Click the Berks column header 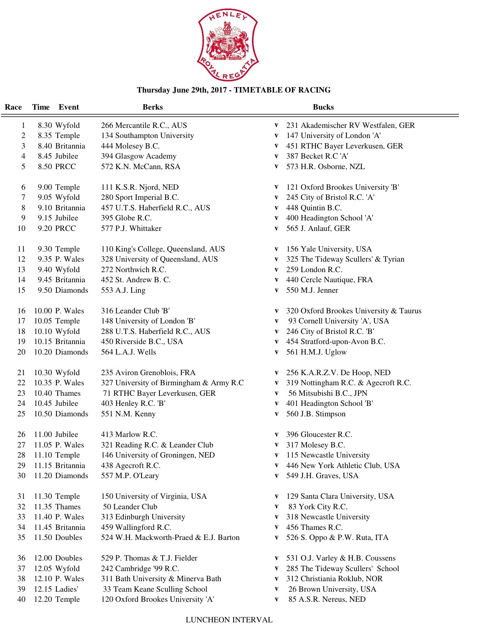pyautogui.click(x=152, y=107)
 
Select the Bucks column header pyautogui.click(x=323, y=107)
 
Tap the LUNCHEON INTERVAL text pyautogui.click(x=229, y=620)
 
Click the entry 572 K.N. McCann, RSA pyautogui.click(x=141, y=167)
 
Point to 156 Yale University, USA pyautogui.click(x=329, y=249)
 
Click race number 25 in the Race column pyautogui.click(x=21, y=414)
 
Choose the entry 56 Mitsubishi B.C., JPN pyautogui.click(x=327, y=393)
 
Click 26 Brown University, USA pyautogui.click(x=332, y=589)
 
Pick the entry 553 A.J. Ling pyautogui.click(x=123, y=290)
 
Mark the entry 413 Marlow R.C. pyautogui.click(x=129, y=435)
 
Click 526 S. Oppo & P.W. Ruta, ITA pyautogui.click(x=337, y=538)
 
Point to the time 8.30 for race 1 pyautogui.click(x=45, y=126)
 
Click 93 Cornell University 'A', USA pyautogui.click(x=338, y=321)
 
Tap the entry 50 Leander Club pyautogui.click(x=130, y=507)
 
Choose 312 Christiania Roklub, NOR pyautogui.click(x=334, y=579)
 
